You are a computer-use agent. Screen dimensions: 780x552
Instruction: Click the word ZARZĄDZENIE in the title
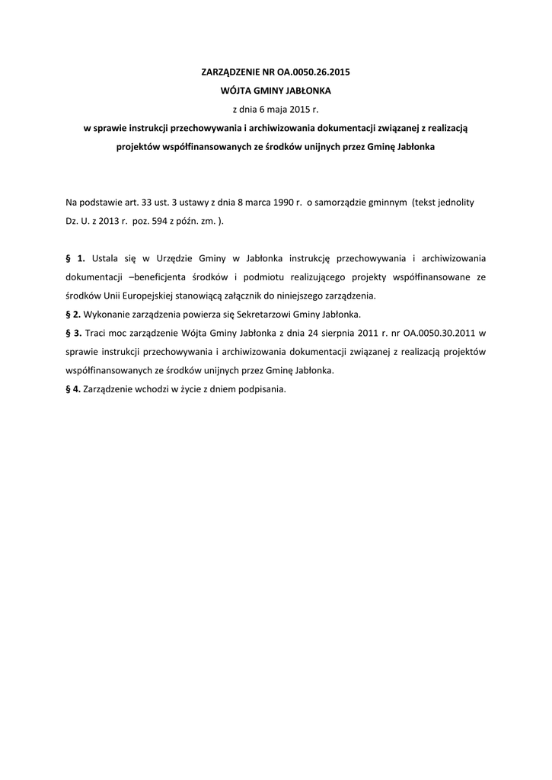[228, 72]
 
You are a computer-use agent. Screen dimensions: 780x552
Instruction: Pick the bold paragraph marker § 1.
[75, 259]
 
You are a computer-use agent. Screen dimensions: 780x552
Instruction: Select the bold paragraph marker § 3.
[74, 334]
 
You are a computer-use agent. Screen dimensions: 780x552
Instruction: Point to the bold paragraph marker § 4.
[73, 389]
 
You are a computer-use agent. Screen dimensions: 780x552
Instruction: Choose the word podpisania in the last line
[263, 389]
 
